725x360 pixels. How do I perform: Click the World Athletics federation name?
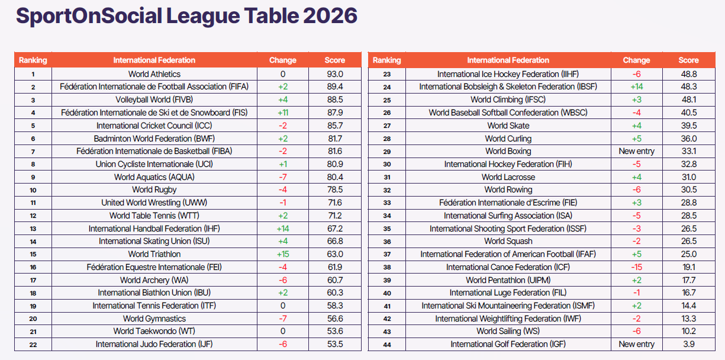pyautogui.click(x=154, y=74)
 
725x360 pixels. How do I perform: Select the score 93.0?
pyautogui.click(x=335, y=74)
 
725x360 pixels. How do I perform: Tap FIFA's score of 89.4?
pyautogui.click(x=335, y=87)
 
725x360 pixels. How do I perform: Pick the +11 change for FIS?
pyautogui.click(x=283, y=112)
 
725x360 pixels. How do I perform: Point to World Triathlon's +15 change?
pyautogui.click(x=283, y=254)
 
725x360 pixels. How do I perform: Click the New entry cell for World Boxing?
pyautogui.click(x=637, y=151)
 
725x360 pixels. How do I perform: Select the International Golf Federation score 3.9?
pyautogui.click(x=688, y=344)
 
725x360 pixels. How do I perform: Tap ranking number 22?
pyautogui.click(x=33, y=345)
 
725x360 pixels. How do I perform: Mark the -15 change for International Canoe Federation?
pyautogui.click(x=637, y=267)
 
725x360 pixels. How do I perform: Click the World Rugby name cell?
pyautogui.click(x=154, y=190)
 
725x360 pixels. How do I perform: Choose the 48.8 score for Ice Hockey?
pyautogui.click(x=688, y=74)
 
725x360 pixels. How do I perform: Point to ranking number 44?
pyautogui.click(x=387, y=345)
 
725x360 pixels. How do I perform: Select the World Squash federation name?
pyautogui.click(x=508, y=241)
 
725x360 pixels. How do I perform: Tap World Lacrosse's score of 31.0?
pyautogui.click(x=688, y=177)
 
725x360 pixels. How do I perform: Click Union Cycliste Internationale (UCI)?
pyautogui.click(x=154, y=164)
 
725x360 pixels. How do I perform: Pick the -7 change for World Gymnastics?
pyautogui.click(x=283, y=319)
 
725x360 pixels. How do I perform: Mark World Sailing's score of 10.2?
pyautogui.click(x=688, y=331)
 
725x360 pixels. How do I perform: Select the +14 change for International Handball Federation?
pyautogui.click(x=283, y=229)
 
